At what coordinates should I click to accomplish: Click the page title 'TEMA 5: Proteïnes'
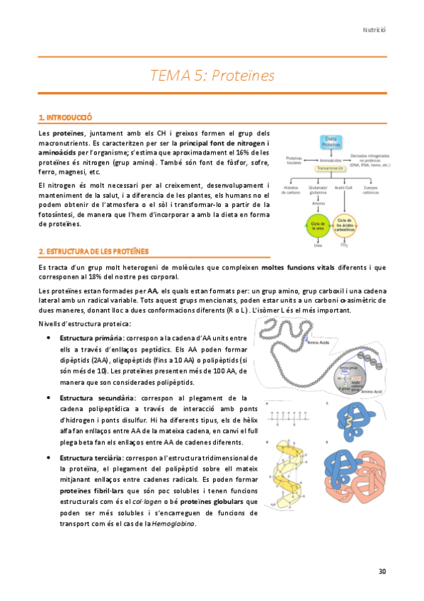click(x=212, y=75)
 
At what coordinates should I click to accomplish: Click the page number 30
click(x=382, y=571)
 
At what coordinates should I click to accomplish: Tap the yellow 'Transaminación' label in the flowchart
click(x=330, y=169)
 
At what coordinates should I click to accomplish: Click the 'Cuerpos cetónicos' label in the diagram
click(x=372, y=191)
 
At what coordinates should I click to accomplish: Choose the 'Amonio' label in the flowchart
click(x=318, y=203)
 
